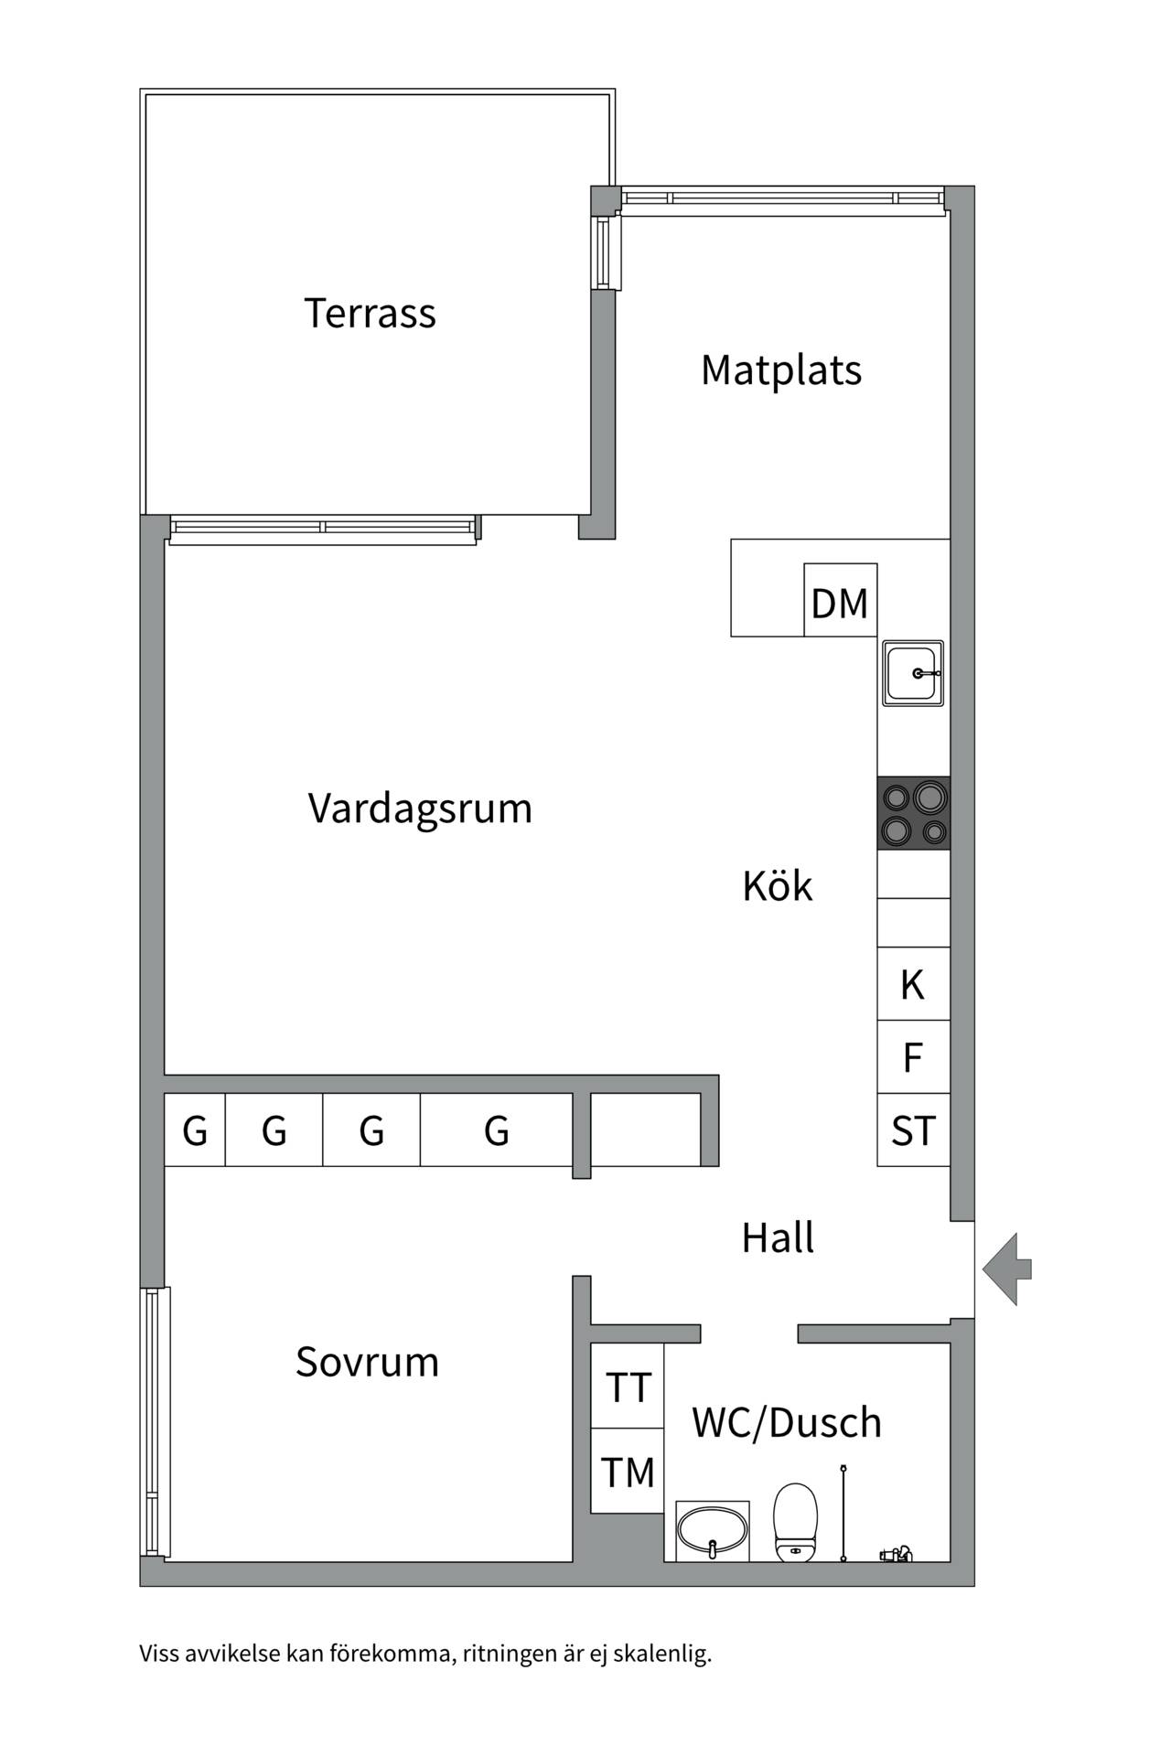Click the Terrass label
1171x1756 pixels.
click(x=370, y=313)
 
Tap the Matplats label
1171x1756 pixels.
click(x=781, y=370)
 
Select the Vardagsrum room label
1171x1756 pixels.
click(x=420, y=808)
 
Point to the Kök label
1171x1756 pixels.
click(x=777, y=886)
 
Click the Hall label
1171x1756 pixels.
click(x=778, y=1237)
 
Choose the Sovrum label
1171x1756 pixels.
click(x=367, y=1362)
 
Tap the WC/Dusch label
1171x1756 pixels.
click(x=787, y=1422)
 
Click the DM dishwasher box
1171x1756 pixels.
click(x=840, y=601)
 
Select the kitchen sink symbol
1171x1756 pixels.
click(x=913, y=673)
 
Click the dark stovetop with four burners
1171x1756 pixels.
click(x=913, y=813)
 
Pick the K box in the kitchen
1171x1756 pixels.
click(x=913, y=984)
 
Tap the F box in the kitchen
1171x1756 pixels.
click(x=913, y=1057)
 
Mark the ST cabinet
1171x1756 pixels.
click(x=913, y=1130)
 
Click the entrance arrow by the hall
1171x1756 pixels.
click(x=1007, y=1269)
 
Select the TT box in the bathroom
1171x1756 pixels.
click(x=628, y=1387)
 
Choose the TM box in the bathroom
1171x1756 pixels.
click(x=628, y=1472)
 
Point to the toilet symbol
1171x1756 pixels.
click(x=795, y=1522)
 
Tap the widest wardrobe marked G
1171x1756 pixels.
click(x=497, y=1130)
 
